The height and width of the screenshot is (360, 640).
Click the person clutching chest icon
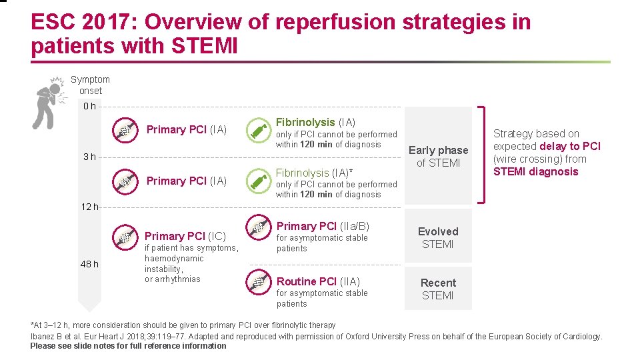(x=47, y=104)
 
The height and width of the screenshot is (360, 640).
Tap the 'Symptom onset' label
(x=90, y=85)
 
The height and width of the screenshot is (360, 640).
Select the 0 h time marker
(x=89, y=107)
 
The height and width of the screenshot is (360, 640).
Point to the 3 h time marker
(x=89, y=157)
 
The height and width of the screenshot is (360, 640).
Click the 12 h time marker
(x=89, y=207)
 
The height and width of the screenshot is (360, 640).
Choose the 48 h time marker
(x=89, y=264)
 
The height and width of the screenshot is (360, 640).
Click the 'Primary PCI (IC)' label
(x=185, y=236)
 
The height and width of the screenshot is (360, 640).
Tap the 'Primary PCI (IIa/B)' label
(x=323, y=226)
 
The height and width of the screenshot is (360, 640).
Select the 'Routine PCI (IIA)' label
(x=318, y=281)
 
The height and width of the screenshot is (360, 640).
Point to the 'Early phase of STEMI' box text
(x=438, y=157)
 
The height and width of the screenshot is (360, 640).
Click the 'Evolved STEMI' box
(x=438, y=237)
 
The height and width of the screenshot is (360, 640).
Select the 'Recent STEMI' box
(x=438, y=289)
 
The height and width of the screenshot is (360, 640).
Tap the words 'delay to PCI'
(x=570, y=146)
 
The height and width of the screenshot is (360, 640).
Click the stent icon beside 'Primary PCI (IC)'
(x=125, y=235)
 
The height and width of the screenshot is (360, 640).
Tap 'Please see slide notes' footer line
(x=128, y=346)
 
